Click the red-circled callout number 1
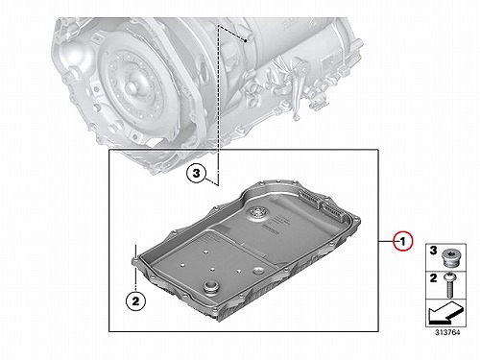403,241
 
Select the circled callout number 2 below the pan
135,301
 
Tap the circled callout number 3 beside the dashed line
196,174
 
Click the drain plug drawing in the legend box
450,257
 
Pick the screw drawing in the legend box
450,284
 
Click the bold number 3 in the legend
433,251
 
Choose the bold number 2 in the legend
433,278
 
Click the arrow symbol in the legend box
445,312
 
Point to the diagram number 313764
447,332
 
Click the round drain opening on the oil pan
210,286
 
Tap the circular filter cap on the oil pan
257,212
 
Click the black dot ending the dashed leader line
246,40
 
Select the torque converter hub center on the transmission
132,86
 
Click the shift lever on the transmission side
299,84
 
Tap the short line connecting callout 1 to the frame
387,241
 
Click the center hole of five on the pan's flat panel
212,269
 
